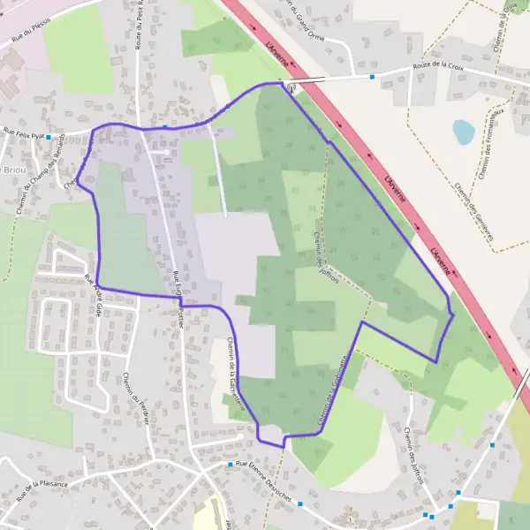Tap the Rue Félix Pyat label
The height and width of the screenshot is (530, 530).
pos(22,133)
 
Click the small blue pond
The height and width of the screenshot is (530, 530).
pos(464,132)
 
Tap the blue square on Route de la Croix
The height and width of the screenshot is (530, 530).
pos(372,77)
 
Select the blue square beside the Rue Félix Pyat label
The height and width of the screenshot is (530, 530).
pos(49,137)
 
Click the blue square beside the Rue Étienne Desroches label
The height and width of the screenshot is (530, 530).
pos(230,465)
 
